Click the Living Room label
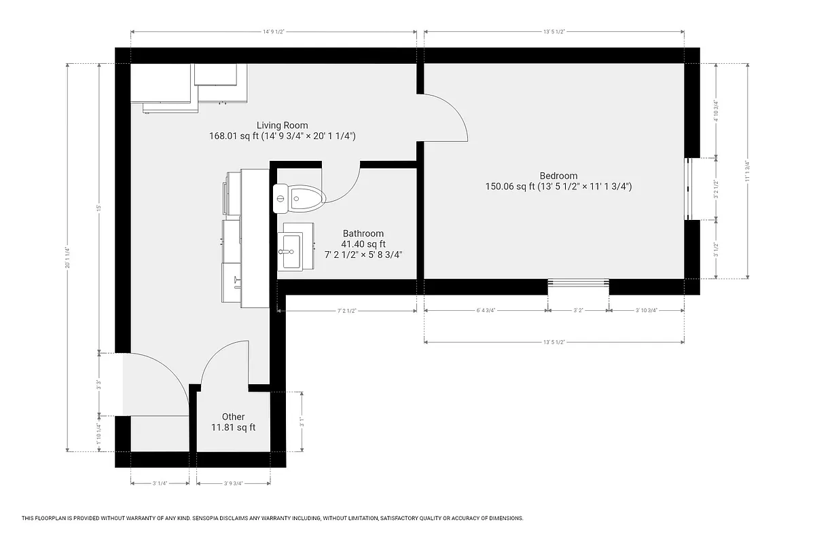point(282,125)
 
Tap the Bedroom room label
point(558,175)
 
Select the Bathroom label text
point(363,233)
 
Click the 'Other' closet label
point(233,417)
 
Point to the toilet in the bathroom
point(300,198)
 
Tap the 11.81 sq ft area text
point(233,428)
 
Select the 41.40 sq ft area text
point(363,244)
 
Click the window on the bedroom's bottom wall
point(579,284)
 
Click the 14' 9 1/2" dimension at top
point(273,31)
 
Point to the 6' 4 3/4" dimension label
point(486,310)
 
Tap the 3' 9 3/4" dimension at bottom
point(233,483)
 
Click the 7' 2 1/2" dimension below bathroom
point(346,310)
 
